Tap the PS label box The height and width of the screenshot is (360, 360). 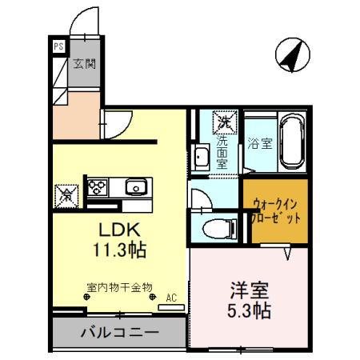click(58, 46)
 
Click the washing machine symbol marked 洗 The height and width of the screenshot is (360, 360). click(222, 122)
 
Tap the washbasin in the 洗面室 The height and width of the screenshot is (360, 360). click(202, 157)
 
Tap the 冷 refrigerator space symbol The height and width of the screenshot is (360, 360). click(65, 194)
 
